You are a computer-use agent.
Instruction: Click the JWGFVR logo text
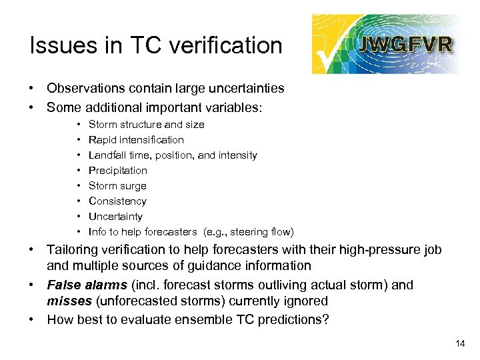click(405, 44)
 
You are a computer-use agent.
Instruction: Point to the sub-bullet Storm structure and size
click(146, 124)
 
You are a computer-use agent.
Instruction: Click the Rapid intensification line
click(136, 139)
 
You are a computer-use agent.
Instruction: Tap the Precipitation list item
click(118, 170)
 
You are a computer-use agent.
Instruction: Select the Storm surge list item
click(117, 185)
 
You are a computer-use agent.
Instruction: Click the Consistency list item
click(117, 201)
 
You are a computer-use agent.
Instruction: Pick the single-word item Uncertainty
click(115, 216)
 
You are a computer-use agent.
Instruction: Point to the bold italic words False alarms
click(90, 285)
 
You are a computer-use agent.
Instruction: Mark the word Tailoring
click(74, 250)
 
